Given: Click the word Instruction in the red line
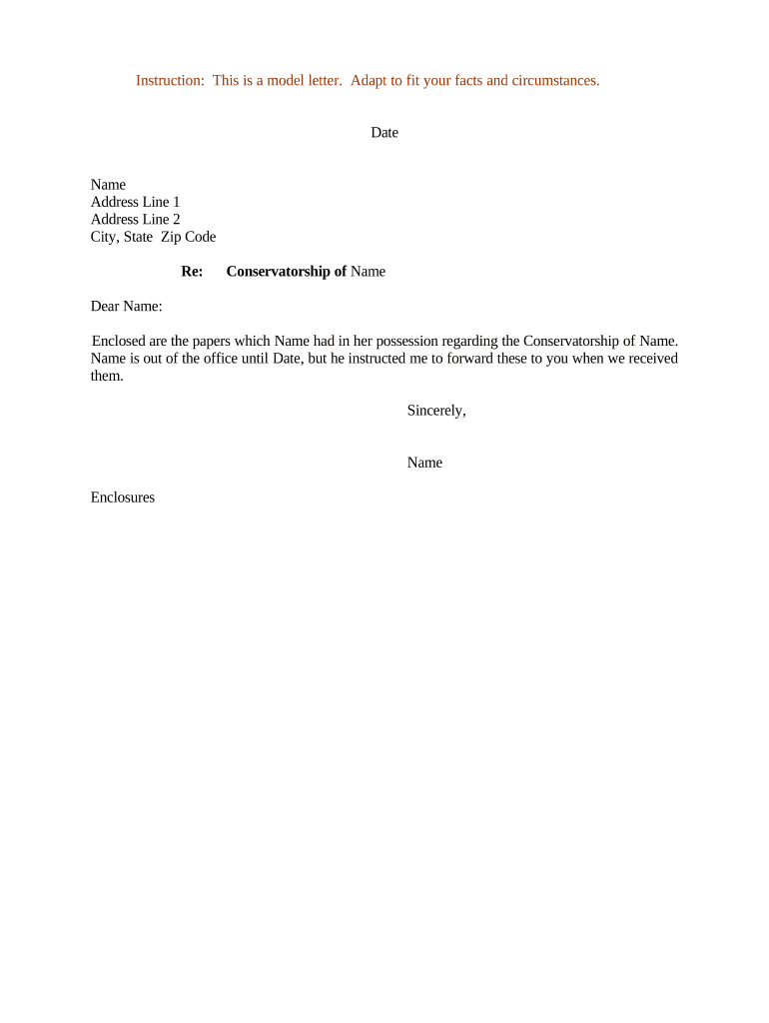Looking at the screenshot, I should tap(169, 81).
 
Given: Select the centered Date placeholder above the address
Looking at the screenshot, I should tap(384, 133).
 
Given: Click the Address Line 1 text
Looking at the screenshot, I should tap(135, 203).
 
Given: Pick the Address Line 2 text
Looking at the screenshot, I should tap(135, 220).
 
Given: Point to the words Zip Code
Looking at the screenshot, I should tap(188, 238).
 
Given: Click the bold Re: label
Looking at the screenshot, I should tap(192, 272).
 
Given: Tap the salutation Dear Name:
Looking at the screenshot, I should tap(126, 307).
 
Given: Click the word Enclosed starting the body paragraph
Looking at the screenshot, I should tap(119, 342).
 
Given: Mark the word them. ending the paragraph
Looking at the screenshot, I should tap(107, 377).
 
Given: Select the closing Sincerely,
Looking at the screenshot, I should tap(436, 411).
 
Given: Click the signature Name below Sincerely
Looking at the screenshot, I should tap(424, 463).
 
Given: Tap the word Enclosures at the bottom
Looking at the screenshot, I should tap(122, 498).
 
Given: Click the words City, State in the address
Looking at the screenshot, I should tap(122, 238).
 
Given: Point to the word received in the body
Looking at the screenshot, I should tap(649, 359).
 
